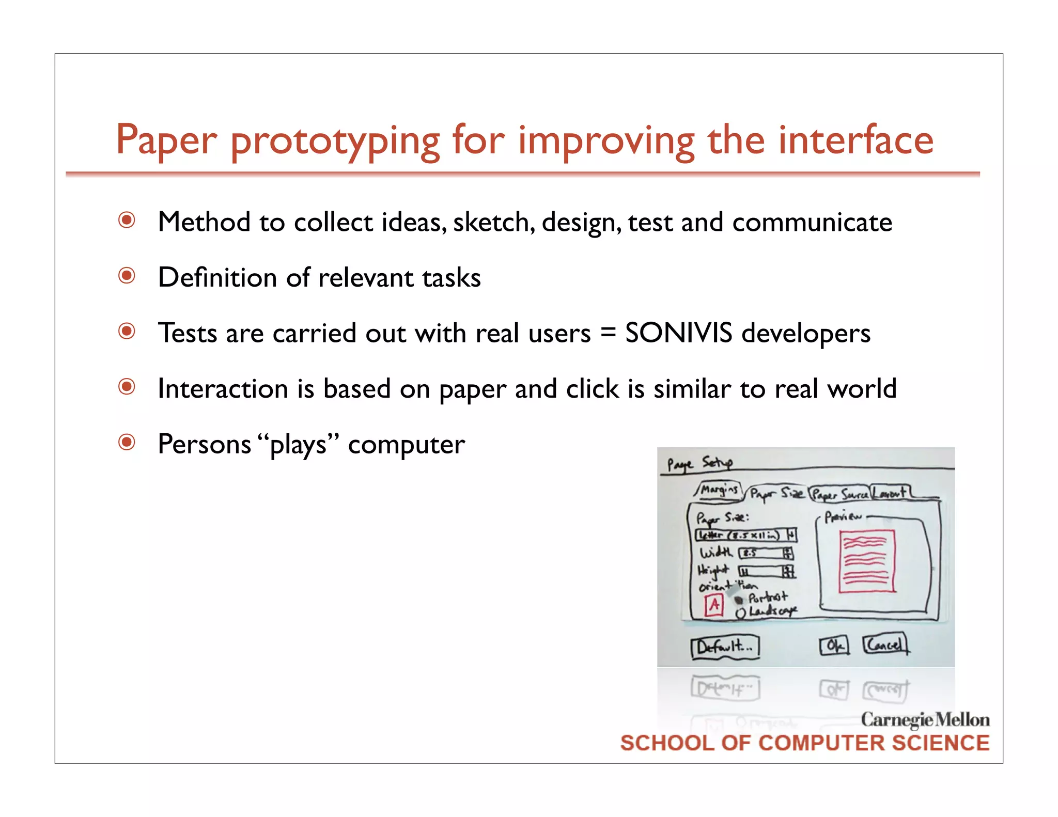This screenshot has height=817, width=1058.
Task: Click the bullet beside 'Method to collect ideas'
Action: [x=127, y=221]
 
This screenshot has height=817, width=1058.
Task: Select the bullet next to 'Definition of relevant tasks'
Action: [x=127, y=276]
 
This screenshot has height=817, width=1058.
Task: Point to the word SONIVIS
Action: [x=678, y=333]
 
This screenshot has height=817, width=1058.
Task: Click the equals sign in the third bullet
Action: [x=608, y=334]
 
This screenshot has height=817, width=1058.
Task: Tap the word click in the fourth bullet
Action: [x=592, y=388]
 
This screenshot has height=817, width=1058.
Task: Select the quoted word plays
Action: [x=298, y=444]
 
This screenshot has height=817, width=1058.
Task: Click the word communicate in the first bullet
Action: [x=812, y=222]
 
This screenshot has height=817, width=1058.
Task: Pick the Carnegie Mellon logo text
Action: [x=925, y=719]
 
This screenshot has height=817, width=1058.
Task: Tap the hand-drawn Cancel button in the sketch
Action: [x=885, y=645]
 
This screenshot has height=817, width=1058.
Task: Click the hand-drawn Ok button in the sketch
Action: [x=834, y=646]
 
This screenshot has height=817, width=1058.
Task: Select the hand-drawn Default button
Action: [x=725, y=647]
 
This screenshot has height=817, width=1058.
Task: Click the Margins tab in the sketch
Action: [x=720, y=489]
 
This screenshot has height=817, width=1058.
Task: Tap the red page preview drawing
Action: [x=867, y=561]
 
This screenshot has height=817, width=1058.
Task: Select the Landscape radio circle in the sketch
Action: [x=741, y=613]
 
